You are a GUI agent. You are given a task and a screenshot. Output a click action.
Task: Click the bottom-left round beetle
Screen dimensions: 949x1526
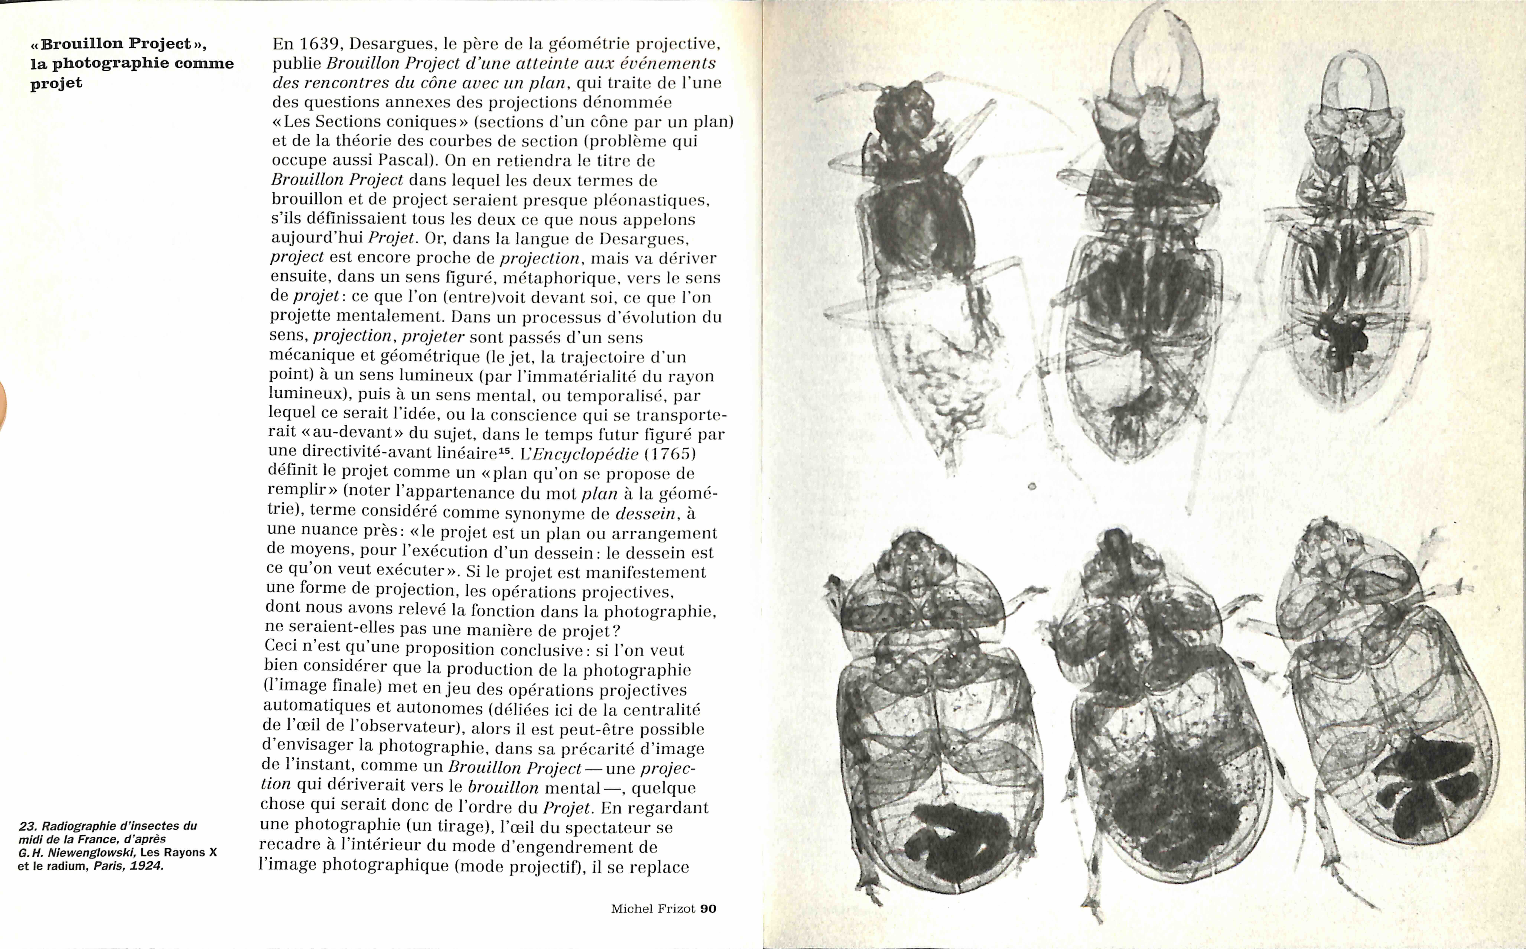[x=935, y=722]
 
